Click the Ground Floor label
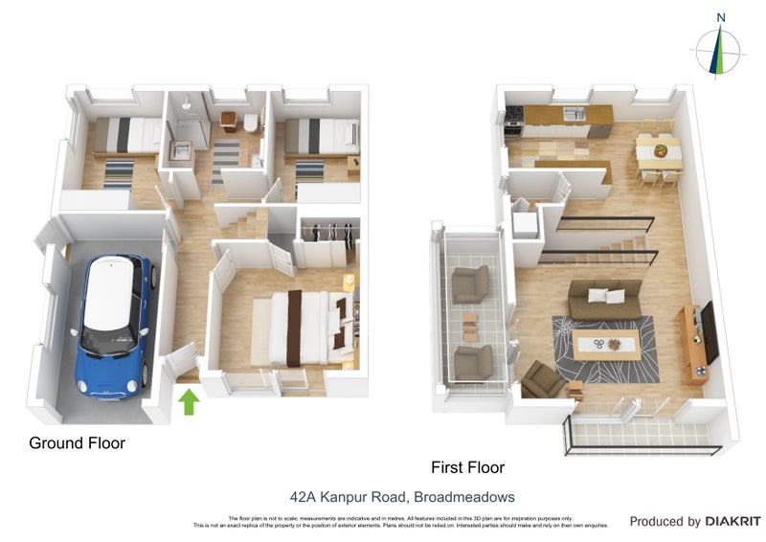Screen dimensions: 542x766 point(77,443)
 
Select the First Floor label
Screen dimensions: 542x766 point(467,468)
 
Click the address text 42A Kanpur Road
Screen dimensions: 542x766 point(349,497)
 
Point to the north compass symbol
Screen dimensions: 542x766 point(721,48)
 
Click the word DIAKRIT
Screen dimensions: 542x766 point(732,522)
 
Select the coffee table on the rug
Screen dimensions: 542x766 point(607,345)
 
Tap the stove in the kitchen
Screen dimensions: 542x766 point(513,118)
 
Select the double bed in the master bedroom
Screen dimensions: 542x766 point(299,328)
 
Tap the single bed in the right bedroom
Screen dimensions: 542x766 point(320,135)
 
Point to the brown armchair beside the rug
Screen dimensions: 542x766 point(543,380)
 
